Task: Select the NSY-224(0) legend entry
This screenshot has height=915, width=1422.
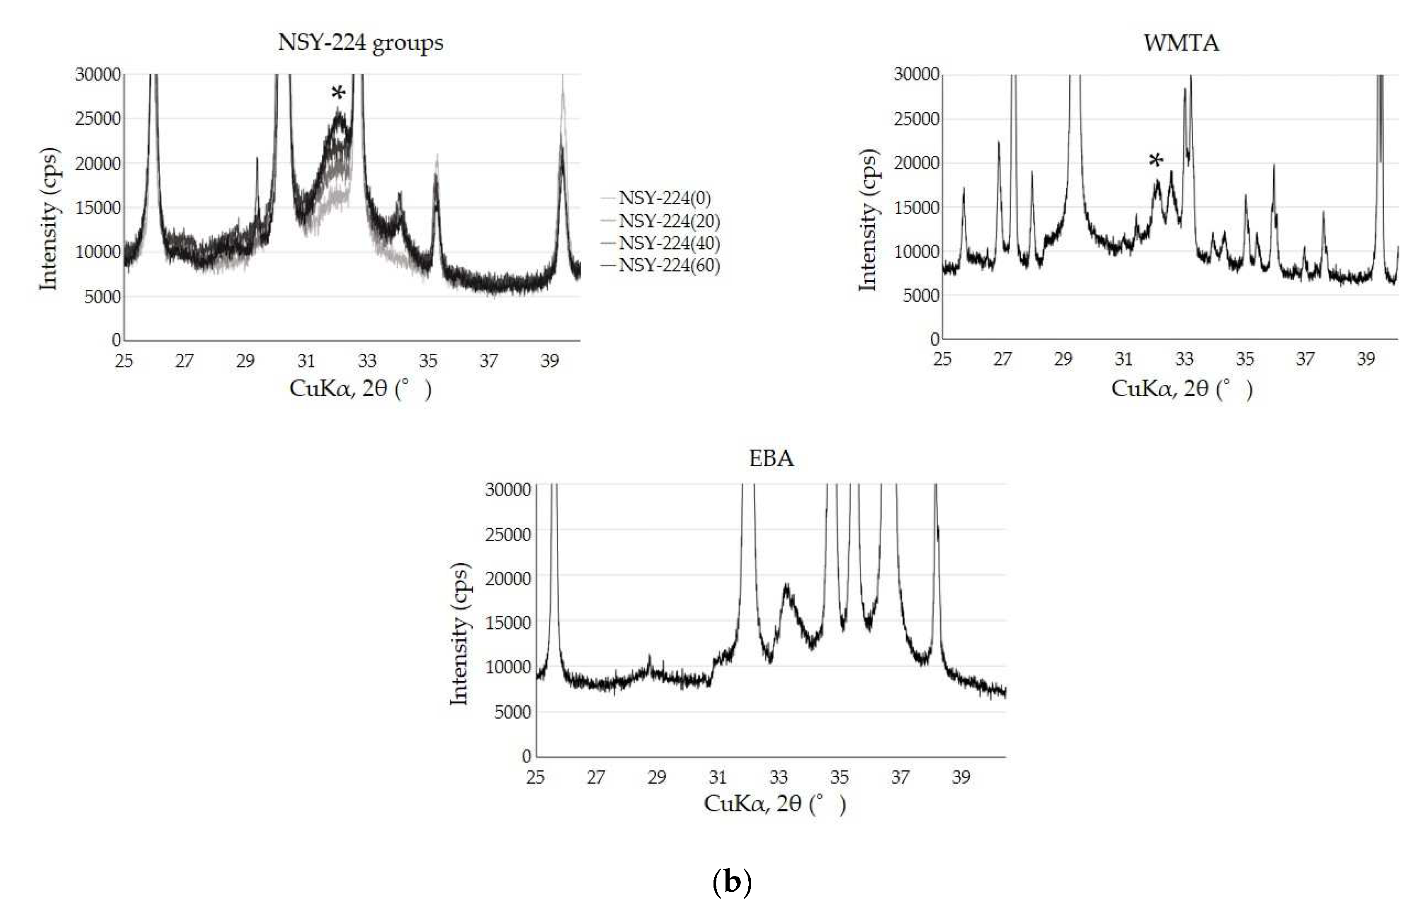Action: [x=664, y=198]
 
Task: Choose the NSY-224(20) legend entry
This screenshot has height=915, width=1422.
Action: [x=669, y=220]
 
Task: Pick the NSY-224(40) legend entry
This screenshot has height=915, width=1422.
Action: [x=669, y=243]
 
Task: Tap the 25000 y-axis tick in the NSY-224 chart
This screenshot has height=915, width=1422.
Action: [x=98, y=119]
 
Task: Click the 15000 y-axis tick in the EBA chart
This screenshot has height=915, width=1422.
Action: [x=508, y=623]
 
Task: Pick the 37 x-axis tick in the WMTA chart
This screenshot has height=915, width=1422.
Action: [x=1305, y=359]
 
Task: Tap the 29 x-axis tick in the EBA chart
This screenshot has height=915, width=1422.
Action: [x=657, y=777]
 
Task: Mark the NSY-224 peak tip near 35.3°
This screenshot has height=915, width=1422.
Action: [x=437, y=156]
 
